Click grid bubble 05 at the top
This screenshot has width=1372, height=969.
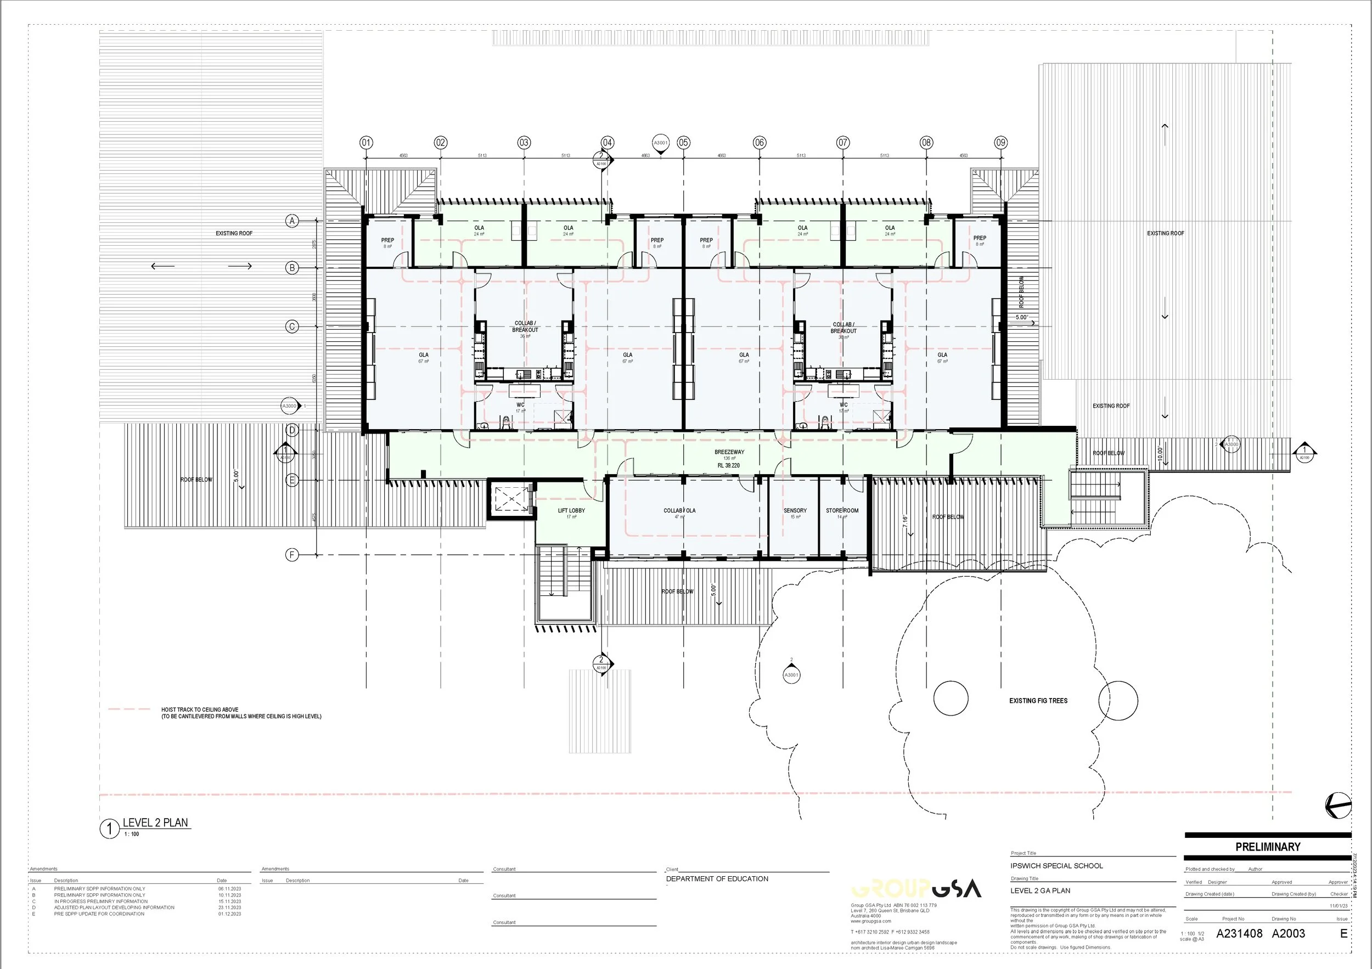click(684, 143)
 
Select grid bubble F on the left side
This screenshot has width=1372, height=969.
click(291, 555)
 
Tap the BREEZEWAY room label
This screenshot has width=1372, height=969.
click(729, 452)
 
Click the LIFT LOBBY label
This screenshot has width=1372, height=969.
click(571, 510)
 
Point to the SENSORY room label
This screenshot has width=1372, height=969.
click(795, 510)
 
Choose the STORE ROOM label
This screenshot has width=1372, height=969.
click(842, 510)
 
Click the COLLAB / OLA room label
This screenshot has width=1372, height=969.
click(679, 510)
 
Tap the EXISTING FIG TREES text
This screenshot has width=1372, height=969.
click(1038, 701)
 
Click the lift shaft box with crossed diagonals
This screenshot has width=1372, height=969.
click(510, 498)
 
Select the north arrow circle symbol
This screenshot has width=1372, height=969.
click(1337, 805)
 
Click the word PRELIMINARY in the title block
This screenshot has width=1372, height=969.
click(1267, 847)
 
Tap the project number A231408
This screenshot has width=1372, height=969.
click(1239, 933)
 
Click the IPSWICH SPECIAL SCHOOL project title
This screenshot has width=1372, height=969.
click(1056, 866)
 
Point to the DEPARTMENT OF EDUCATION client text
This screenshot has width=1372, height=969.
click(717, 879)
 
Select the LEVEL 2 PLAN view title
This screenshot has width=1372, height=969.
click(155, 822)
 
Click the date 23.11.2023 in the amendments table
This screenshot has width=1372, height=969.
click(229, 908)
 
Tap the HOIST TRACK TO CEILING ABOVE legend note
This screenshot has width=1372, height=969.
click(200, 709)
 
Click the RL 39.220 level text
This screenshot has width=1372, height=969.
click(728, 465)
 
